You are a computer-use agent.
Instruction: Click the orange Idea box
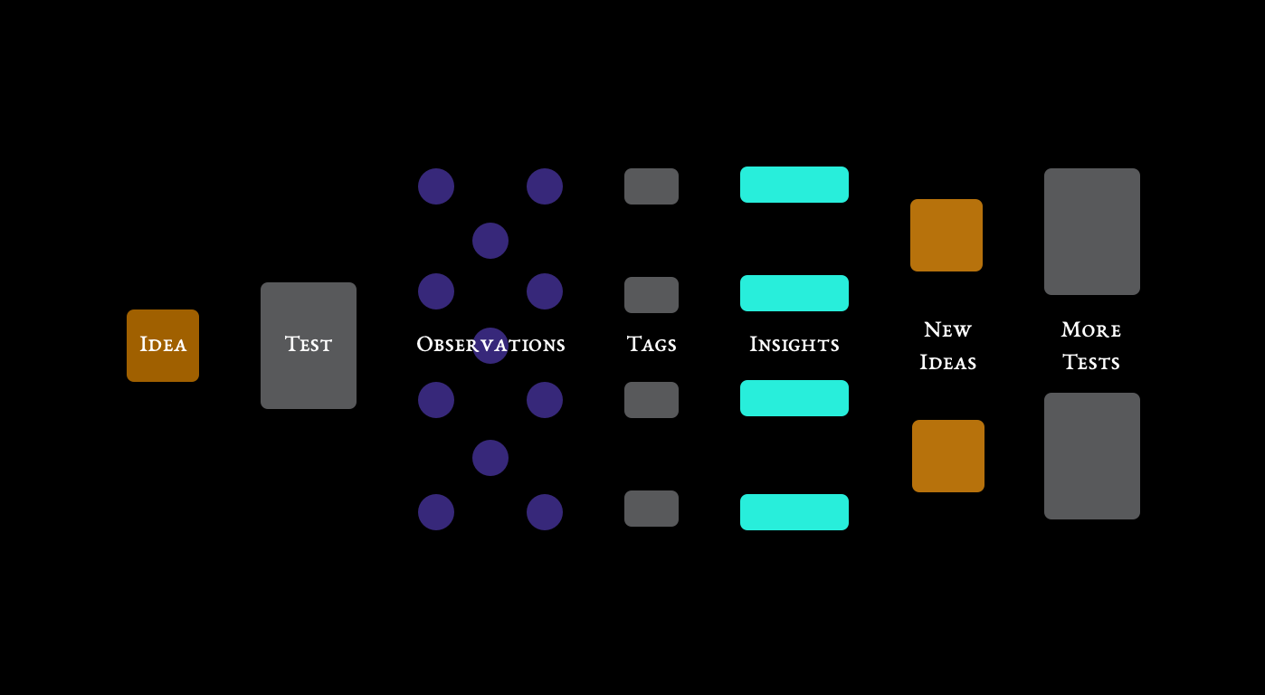(x=163, y=346)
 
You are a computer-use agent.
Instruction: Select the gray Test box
(x=309, y=346)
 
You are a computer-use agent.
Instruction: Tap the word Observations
(x=490, y=345)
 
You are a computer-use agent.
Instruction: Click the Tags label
(x=652, y=345)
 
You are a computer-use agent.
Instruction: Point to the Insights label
(x=794, y=345)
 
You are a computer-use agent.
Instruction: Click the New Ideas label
(x=947, y=346)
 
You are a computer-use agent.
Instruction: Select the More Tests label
(x=1091, y=346)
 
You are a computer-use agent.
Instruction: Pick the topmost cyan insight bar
(x=794, y=185)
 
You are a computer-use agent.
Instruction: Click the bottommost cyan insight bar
(x=794, y=512)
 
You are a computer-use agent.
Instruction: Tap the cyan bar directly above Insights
(x=794, y=293)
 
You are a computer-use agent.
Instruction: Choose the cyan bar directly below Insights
(x=794, y=398)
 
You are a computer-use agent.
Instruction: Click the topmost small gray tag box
(x=652, y=186)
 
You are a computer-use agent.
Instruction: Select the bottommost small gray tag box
(x=652, y=509)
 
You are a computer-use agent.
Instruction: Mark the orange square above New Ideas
(x=946, y=235)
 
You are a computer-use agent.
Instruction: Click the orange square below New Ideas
(x=948, y=456)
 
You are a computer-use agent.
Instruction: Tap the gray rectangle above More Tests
(x=1092, y=232)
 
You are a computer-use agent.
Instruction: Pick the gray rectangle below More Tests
(x=1092, y=456)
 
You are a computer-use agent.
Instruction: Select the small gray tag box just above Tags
(x=652, y=295)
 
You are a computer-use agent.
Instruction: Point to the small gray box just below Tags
(x=652, y=400)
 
